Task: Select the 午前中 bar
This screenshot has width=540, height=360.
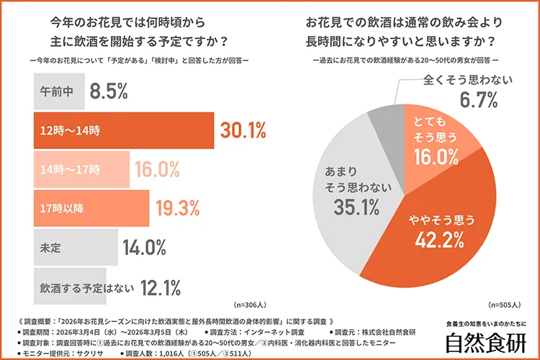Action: [x=58, y=91]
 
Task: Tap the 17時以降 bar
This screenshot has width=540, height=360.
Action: [x=91, y=208]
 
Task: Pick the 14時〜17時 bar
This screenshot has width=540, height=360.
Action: [x=79, y=169]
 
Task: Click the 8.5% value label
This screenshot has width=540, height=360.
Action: [x=109, y=91]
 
